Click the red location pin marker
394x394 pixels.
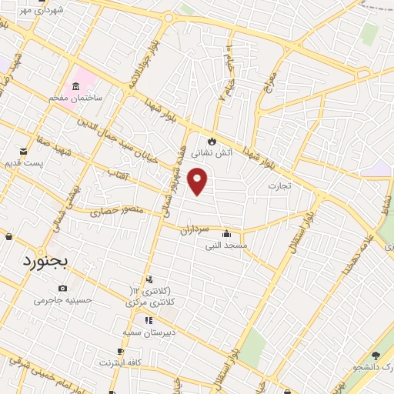click(198, 181)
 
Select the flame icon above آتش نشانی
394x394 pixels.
click(212, 141)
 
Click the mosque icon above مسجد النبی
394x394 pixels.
click(225, 235)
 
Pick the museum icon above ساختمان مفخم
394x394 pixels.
click(76, 85)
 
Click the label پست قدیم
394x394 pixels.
click(22, 163)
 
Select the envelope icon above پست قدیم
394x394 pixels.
click(22, 151)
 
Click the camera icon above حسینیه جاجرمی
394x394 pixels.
click(62, 288)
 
